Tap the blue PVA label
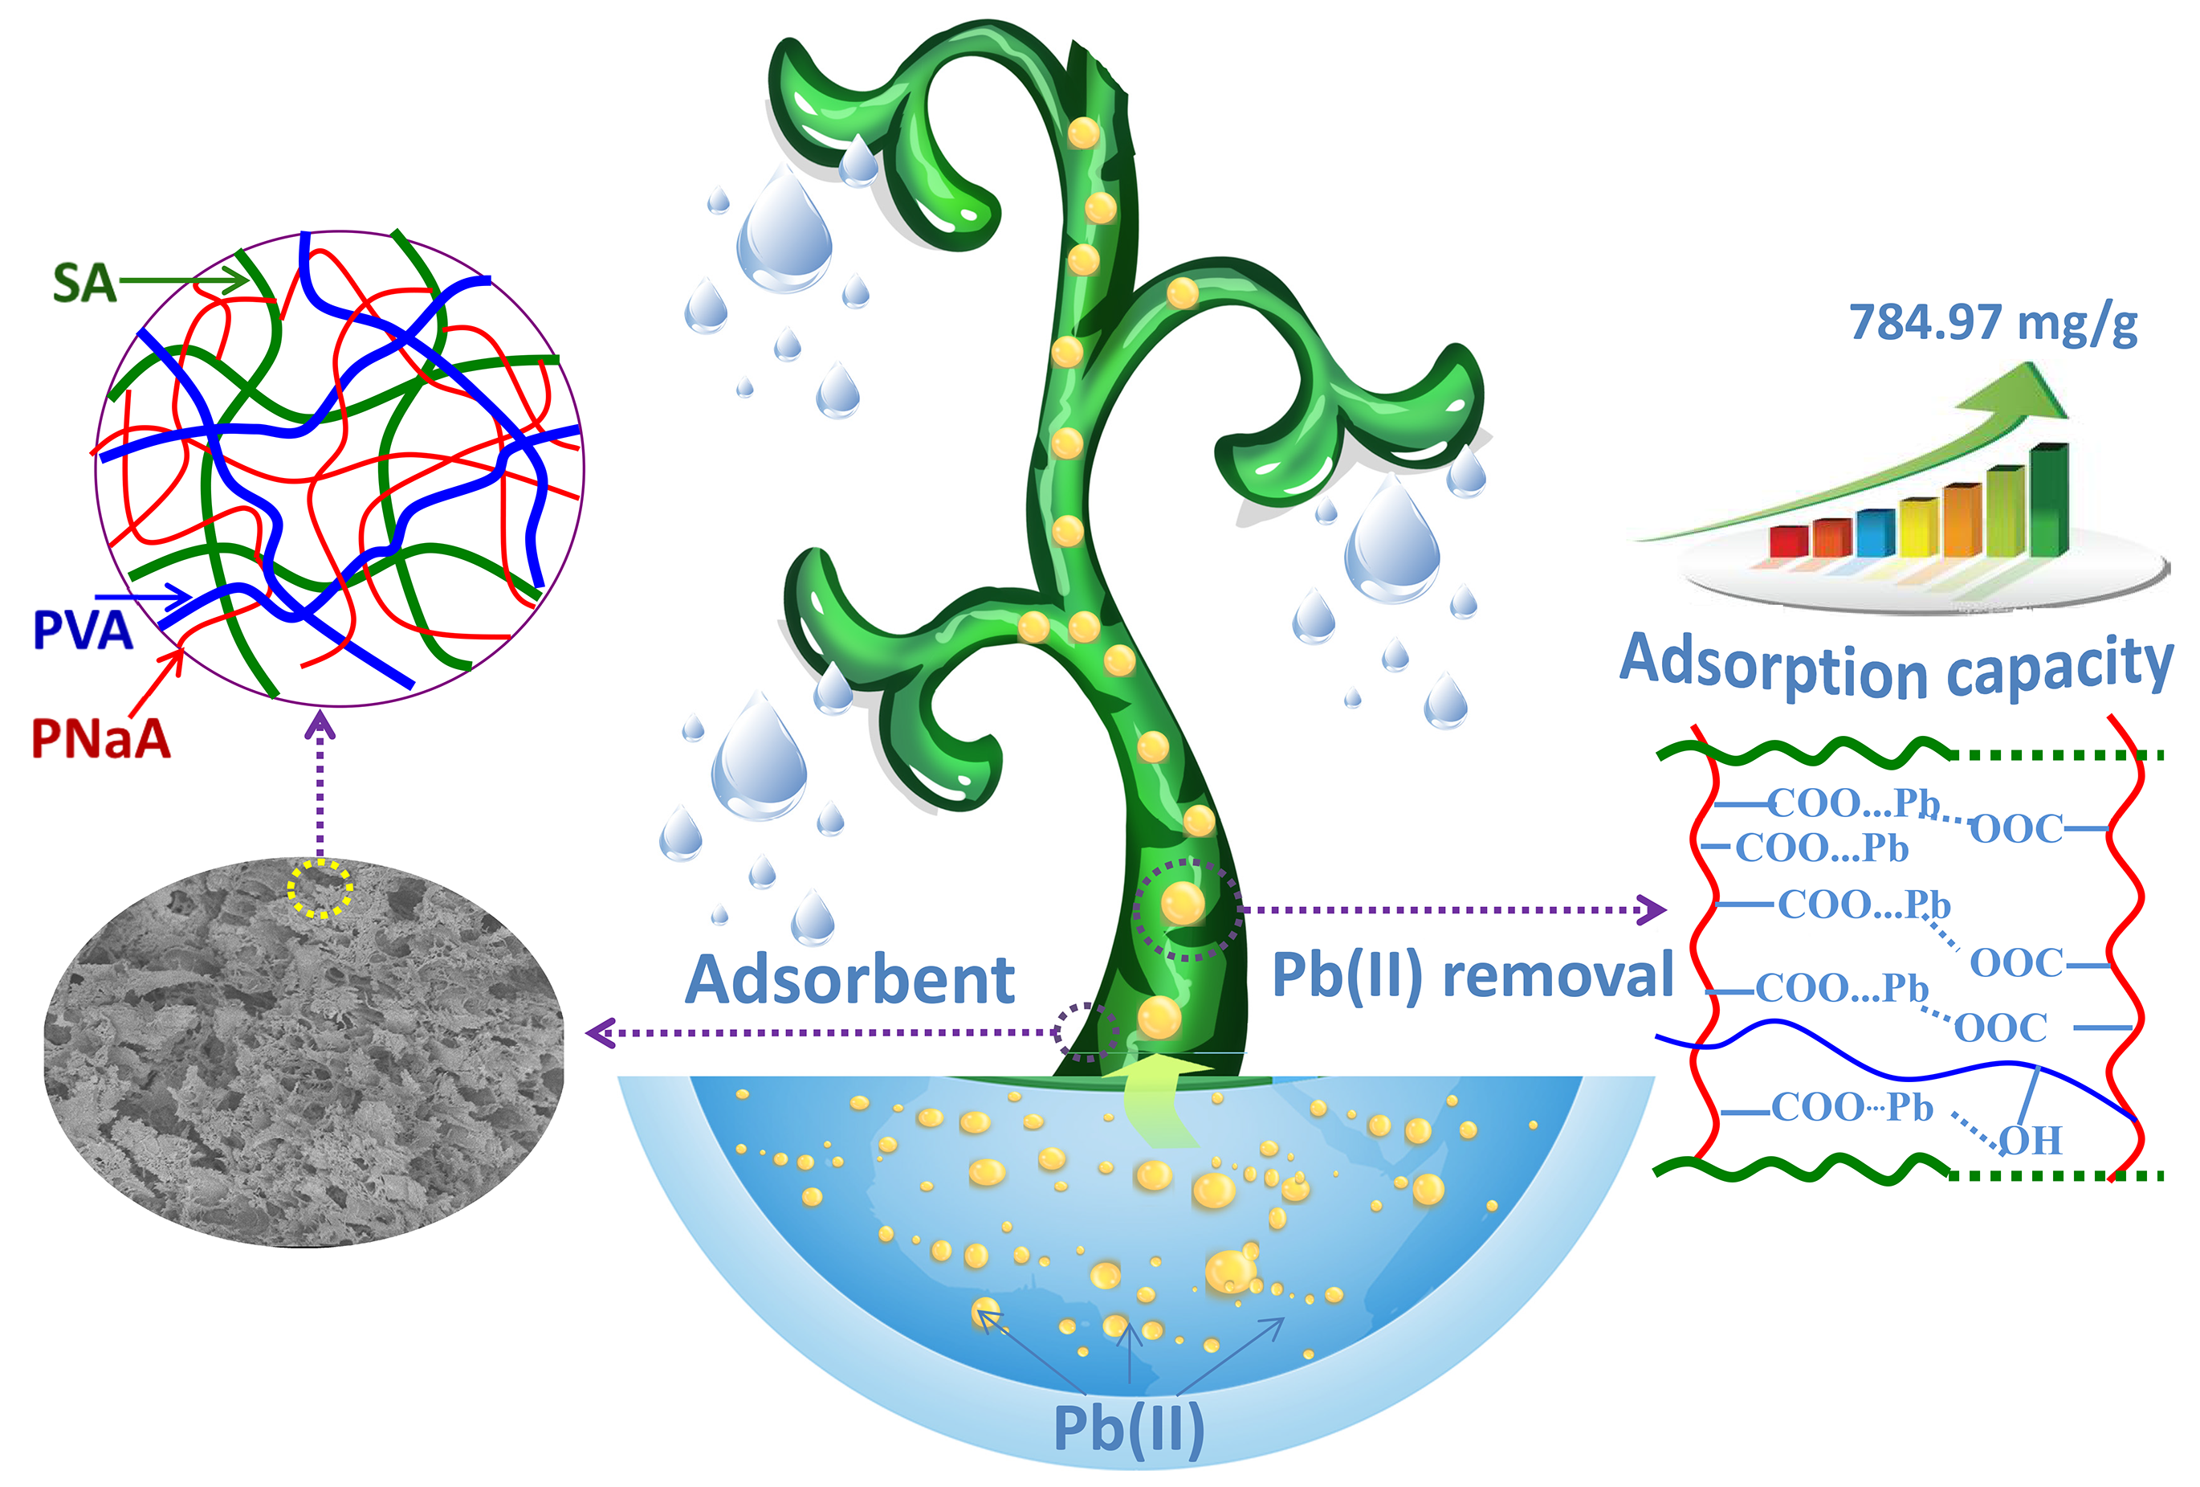coord(83,630)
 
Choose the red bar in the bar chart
coord(1789,541)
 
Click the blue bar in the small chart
coord(1876,533)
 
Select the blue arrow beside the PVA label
coord(143,598)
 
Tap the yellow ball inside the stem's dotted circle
coord(1183,903)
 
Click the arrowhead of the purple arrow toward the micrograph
coord(600,1032)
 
